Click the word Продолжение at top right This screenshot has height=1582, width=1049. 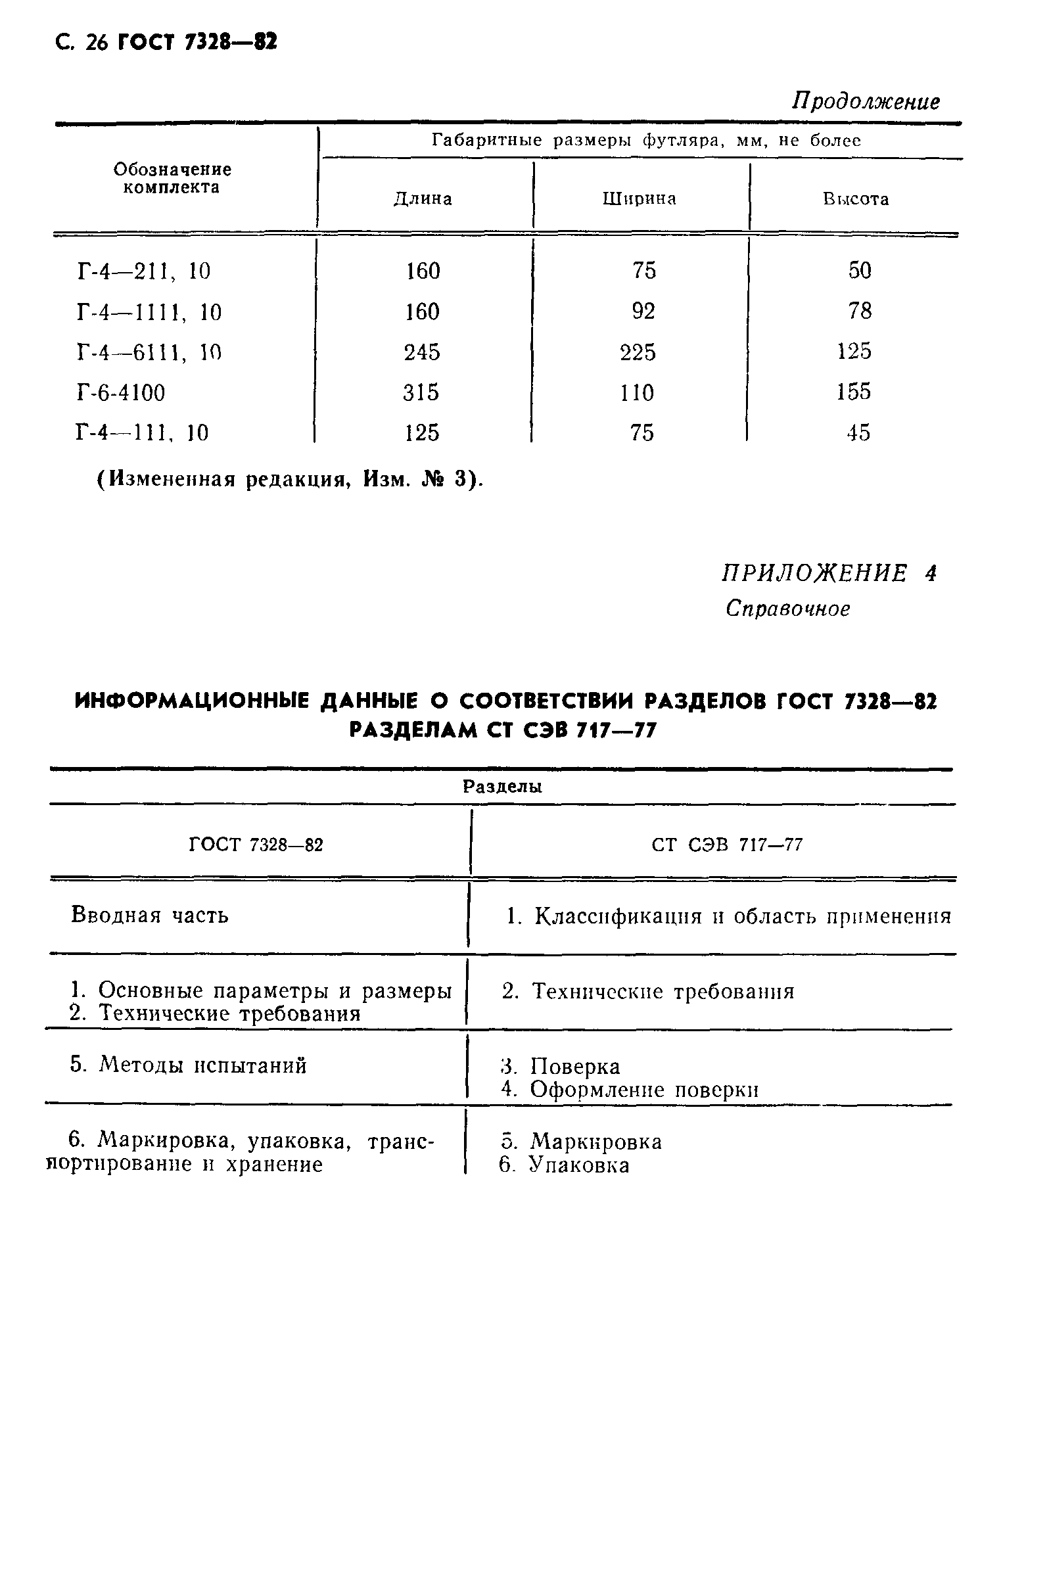tap(866, 102)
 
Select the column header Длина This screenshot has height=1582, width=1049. tap(422, 199)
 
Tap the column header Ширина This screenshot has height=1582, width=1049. tap(639, 199)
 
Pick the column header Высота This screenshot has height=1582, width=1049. tap(856, 199)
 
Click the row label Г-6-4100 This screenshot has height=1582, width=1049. tap(121, 392)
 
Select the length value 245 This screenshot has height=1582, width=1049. tap(421, 352)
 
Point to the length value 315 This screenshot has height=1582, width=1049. tap(421, 392)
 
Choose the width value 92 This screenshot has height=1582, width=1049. tap(643, 312)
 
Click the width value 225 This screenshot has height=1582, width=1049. tap(638, 352)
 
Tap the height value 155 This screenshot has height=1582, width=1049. tap(854, 392)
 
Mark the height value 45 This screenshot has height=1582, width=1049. tap(858, 432)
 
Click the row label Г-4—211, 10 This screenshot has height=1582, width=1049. tap(144, 271)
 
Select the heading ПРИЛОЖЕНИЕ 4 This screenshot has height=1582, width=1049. tap(829, 573)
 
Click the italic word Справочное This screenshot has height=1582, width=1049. tap(787, 609)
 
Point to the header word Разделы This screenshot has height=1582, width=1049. tap(502, 787)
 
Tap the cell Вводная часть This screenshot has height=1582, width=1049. tap(149, 915)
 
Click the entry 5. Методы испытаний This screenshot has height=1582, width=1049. tap(188, 1065)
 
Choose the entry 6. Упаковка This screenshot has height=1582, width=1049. tap(564, 1165)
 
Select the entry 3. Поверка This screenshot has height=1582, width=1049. tap(561, 1066)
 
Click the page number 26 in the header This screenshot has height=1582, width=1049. tap(97, 43)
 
